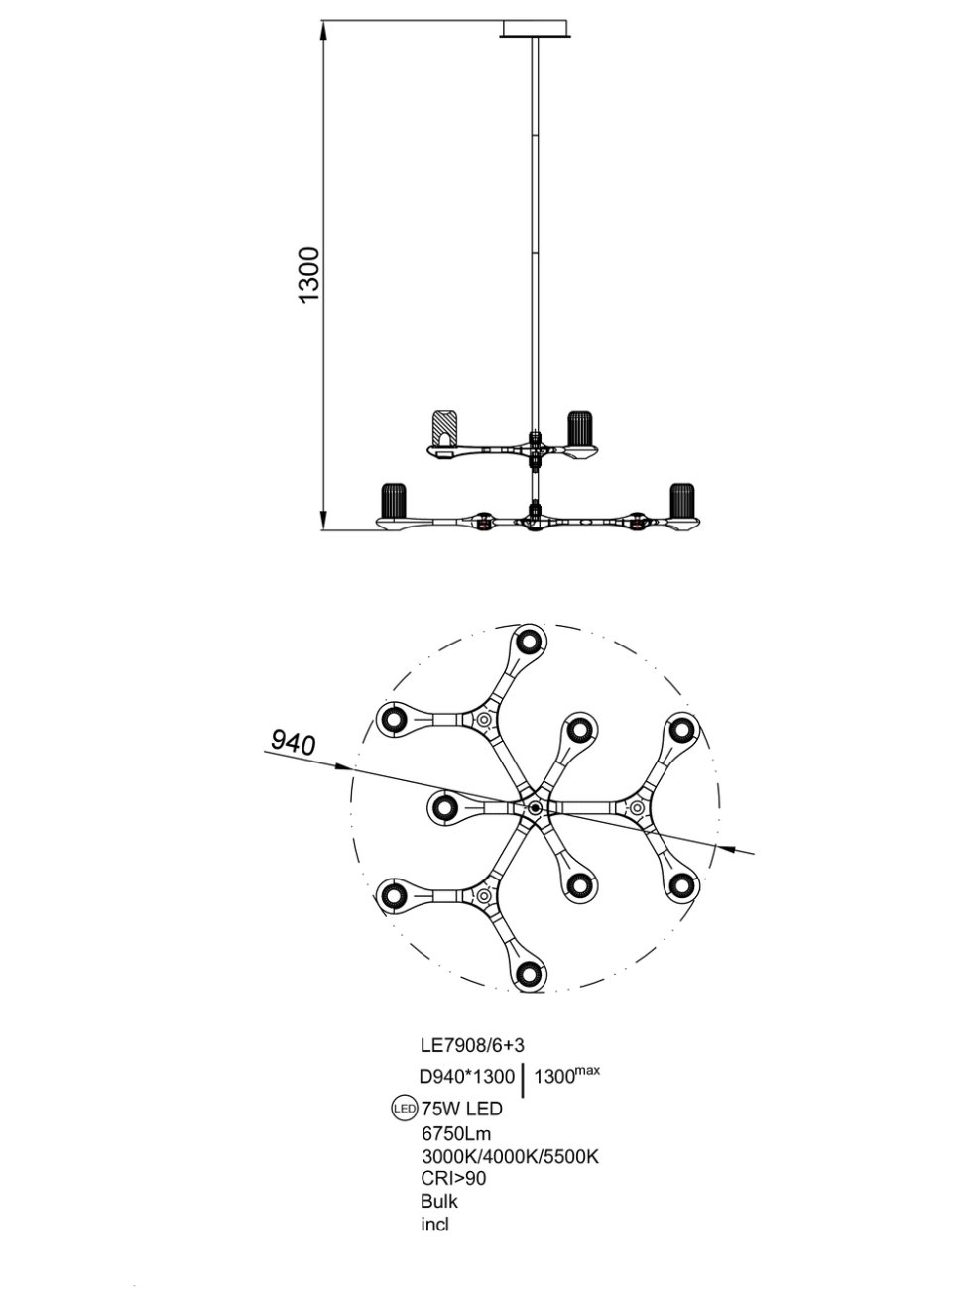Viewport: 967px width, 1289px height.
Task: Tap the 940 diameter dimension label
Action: pyautogui.click(x=293, y=741)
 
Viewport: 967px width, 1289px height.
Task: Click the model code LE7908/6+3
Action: pyautogui.click(x=471, y=1044)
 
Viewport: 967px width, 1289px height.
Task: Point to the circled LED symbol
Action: pyautogui.click(x=404, y=1110)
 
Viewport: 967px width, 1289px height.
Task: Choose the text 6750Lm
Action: pyautogui.click(x=456, y=1133)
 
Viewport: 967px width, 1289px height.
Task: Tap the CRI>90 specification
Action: pyautogui.click(x=453, y=1178)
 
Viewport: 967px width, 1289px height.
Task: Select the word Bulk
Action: pyautogui.click(x=439, y=1201)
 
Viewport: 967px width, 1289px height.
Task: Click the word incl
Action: pyautogui.click(x=434, y=1224)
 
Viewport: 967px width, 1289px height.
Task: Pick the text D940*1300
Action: pyautogui.click(x=467, y=1077)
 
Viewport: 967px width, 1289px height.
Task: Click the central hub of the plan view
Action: pyautogui.click(x=535, y=808)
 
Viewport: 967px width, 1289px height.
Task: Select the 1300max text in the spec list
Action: pyautogui.click(x=567, y=1075)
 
